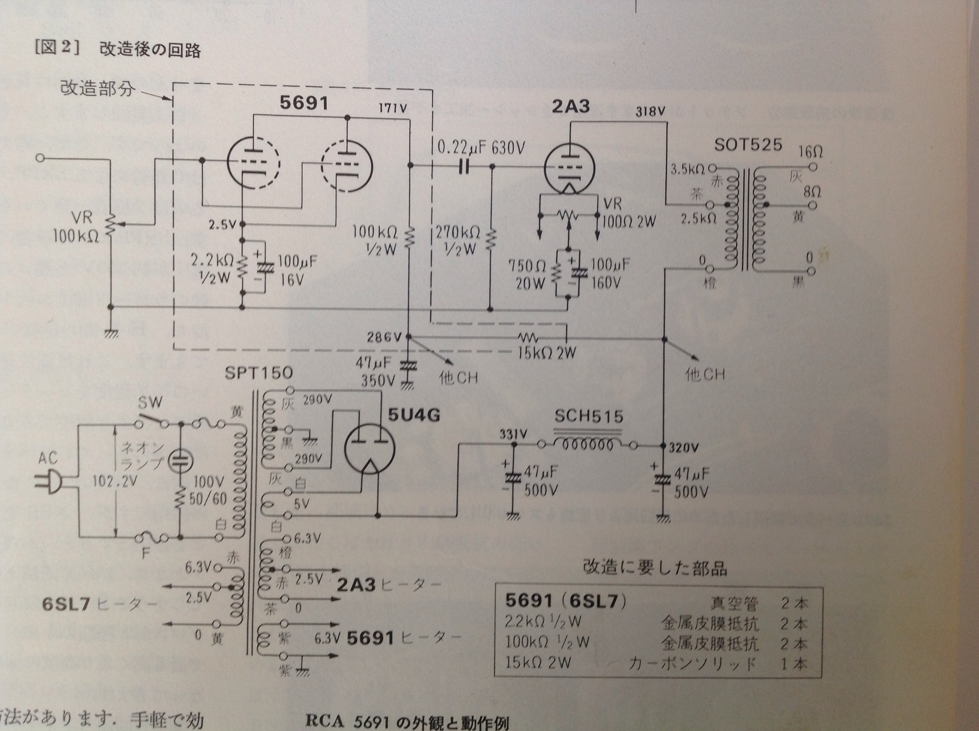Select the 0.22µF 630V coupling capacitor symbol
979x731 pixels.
463,167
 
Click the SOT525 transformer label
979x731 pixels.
748,145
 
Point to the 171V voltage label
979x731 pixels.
392,108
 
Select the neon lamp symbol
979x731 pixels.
181,460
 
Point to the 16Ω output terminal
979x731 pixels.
812,167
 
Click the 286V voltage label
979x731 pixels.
384,338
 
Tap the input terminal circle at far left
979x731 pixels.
40,158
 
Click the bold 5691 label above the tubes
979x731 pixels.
304,103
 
